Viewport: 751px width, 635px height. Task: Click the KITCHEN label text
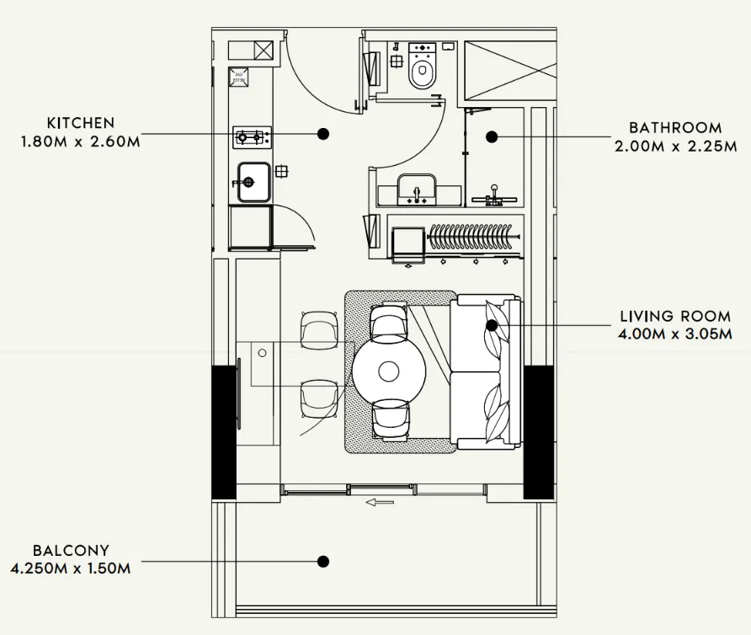point(80,123)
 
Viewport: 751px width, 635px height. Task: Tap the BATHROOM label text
point(675,128)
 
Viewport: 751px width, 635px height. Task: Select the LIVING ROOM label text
point(675,317)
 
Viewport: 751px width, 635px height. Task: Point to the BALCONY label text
point(71,551)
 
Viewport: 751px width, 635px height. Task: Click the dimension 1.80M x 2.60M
point(80,141)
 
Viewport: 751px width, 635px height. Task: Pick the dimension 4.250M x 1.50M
point(71,569)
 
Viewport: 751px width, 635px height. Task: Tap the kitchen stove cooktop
point(252,136)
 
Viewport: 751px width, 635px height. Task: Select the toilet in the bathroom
point(423,67)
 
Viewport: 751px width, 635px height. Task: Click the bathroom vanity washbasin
point(418,189)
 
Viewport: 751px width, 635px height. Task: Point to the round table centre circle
point(389,371)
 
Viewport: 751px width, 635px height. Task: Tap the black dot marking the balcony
point(322,561)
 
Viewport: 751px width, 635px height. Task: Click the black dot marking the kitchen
point(322,133)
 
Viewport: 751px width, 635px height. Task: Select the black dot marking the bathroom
point(493,136)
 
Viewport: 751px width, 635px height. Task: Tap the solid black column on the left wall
point(223,432)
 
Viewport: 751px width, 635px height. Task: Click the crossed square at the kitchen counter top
point(264,51)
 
